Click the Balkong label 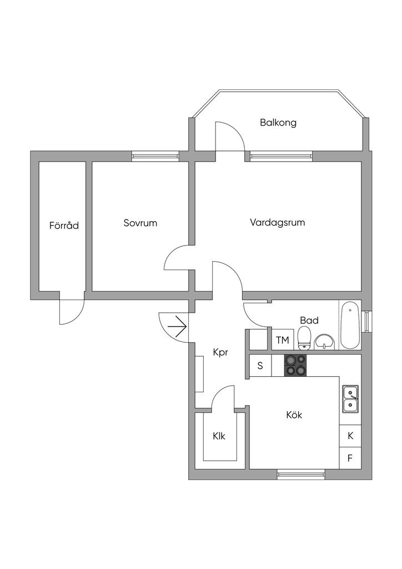coord(278,123)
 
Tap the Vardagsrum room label coord(277,223)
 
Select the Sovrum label coord(140,223)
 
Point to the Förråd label coord(64,226)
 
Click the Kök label coord(294,415)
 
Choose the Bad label coord(309,320)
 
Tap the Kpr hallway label coord(221,352)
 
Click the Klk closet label coord(219,436)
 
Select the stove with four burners coord(295,366)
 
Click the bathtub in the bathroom coord(350,325)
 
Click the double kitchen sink coord(350,398)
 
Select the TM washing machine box coord(283,340)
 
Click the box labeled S coord(260,366)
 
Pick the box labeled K coord(350,436)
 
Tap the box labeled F coord(350,458)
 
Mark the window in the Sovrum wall coord(155,156)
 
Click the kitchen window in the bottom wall coord(301,474)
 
